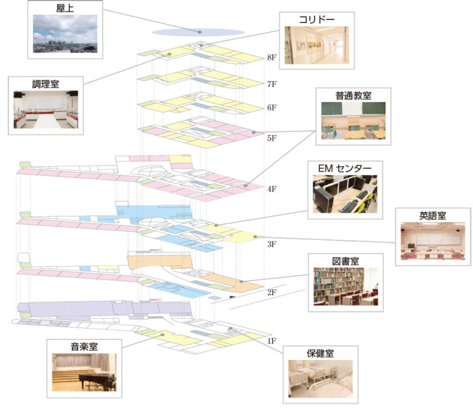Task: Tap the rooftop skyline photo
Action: click(x=65, y=34)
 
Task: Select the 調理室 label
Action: click(x=46, y=84)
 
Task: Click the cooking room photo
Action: click(x=46, y=110)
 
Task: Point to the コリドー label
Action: click(x=317, y=20)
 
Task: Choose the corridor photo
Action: click(x=317, y=46)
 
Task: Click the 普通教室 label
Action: click(x=353, y=95)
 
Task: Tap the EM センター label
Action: click(x=344, y=168)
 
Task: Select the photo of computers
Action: click(x=344, y=193)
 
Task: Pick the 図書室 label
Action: click(x=345, y=261)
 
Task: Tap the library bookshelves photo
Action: click(x=345, y=287)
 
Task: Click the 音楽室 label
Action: click(x=84, y=346)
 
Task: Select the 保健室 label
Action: click(x=320, y=354)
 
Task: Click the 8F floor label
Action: click(x=272, y=58)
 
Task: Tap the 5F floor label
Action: click(x=272, y=138)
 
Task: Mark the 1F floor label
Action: click(x=272, y=341)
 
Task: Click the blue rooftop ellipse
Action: click(x=198, y=31)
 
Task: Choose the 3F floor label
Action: click(x=272, y=244)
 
